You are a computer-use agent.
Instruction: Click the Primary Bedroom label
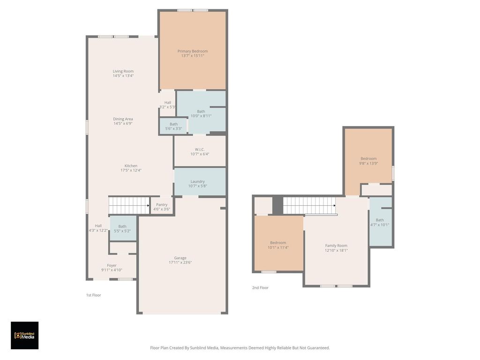point(193,51)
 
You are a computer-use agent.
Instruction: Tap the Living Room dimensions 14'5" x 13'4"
point(123,75)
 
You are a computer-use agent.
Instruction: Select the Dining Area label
point(123,119)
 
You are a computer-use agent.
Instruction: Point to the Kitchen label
point(131,166)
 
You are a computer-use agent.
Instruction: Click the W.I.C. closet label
point(200,150)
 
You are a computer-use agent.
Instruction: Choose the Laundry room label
point(197,181)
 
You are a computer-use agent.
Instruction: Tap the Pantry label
point(162,205)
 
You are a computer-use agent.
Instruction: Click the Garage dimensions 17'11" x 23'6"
point(180,262)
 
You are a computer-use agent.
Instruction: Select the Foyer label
point(112,266)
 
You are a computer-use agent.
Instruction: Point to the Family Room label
point(336,246)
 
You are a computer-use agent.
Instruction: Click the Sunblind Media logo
point(24,336)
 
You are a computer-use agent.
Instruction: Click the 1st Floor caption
point(93,295)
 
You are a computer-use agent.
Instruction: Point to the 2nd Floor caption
point(260,288)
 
